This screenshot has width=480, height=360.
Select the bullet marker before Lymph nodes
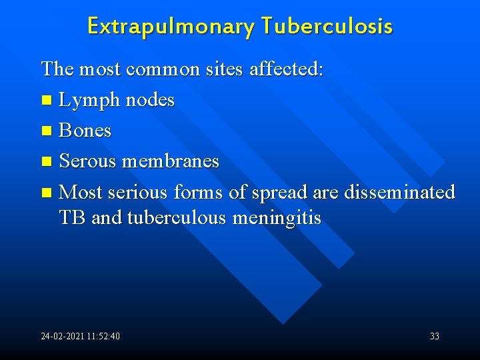45,101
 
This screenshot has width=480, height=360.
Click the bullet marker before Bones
45,131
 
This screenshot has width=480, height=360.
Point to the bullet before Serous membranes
45,162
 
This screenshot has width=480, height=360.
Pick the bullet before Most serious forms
45,193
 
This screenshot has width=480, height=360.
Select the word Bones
85,131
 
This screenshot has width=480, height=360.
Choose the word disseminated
399,192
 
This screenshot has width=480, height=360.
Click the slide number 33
435,336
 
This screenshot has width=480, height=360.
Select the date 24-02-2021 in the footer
61,336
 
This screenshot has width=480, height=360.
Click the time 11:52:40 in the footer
103,336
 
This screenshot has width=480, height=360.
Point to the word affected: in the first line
287,69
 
